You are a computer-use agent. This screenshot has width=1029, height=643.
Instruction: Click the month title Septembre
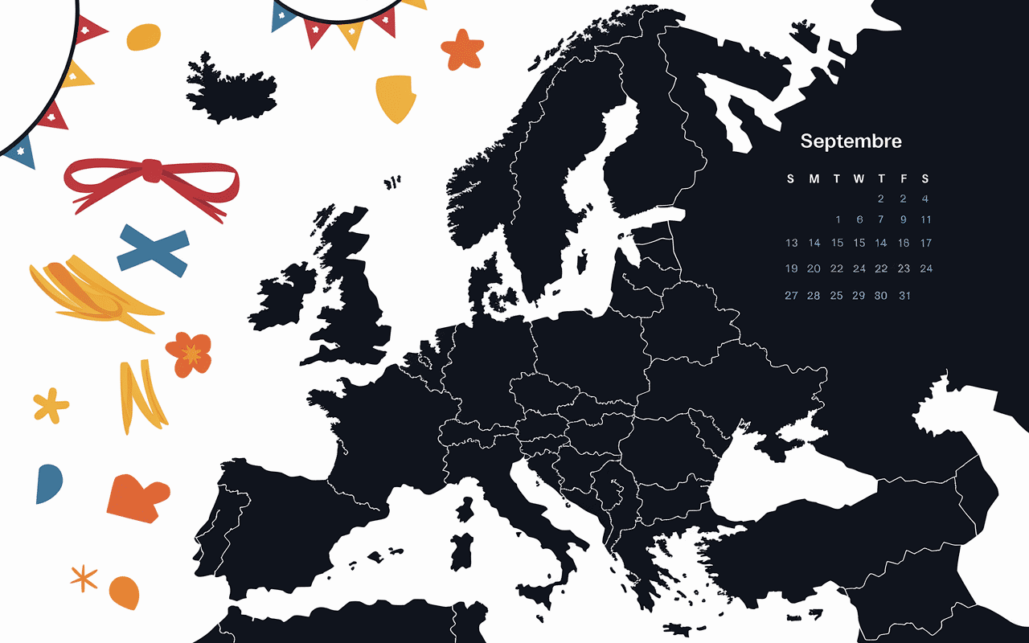coord(851,141)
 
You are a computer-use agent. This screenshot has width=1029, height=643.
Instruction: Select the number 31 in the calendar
coord(904,296)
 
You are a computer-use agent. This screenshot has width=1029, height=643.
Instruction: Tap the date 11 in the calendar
coord(926,219)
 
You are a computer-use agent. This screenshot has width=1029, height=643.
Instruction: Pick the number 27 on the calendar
coord(792,295)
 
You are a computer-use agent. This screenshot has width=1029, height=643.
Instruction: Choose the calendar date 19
coord(792,268)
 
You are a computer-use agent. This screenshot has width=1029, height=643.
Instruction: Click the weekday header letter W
coord(859,178)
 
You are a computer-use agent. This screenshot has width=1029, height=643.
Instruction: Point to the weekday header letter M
coord(814,178)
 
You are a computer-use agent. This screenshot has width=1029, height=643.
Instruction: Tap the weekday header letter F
coord(904,178)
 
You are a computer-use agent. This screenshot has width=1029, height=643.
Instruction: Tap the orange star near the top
coord(463,49)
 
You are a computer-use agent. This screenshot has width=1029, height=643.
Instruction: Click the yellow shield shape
coord(396,97)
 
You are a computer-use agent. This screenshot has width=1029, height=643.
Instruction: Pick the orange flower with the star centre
coord(190,354)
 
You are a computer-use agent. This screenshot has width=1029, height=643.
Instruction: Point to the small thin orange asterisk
coord(84,577)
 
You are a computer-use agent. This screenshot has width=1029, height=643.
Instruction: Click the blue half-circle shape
coord(47,483)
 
